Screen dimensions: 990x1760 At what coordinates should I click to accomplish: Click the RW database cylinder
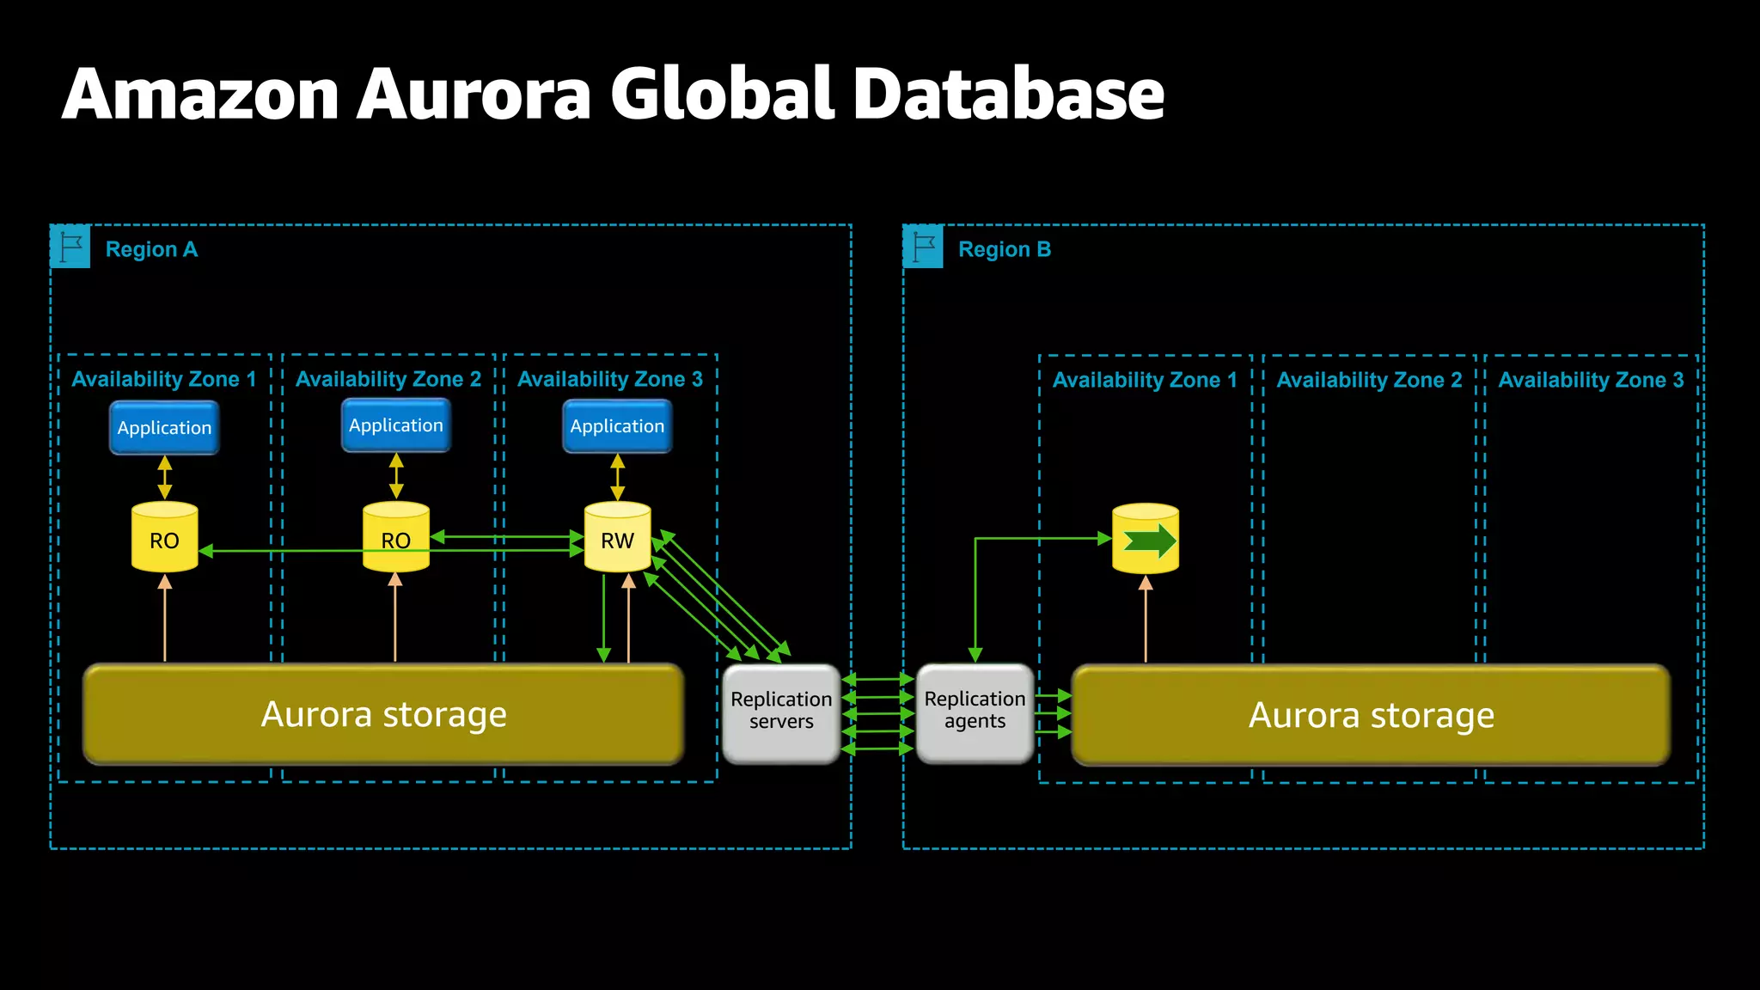coord(617,538)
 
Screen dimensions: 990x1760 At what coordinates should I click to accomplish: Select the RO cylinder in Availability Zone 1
coord(164,538)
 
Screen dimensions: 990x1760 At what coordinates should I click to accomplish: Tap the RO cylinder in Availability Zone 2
coord(395,538)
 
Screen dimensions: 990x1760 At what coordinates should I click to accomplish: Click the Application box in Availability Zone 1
coord(164,428)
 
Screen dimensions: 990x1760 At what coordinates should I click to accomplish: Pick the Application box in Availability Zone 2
coord(395,425)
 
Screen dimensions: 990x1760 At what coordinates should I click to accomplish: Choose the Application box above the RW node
coord(617,426)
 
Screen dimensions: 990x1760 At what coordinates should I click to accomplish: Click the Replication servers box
coord(781,712)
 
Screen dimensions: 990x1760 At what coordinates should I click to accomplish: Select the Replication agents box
coord(975,712)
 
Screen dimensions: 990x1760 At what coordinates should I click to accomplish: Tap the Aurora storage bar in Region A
coord(383,714)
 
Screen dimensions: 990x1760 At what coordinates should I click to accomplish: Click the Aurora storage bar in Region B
coord(1371,715)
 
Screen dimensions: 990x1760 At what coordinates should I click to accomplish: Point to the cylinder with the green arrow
coord(1146,540)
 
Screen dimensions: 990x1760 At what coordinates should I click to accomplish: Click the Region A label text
coord(151,249)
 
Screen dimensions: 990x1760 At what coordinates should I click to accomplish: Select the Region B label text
coord(1004,249)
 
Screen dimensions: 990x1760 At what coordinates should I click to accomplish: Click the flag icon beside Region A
coord(70,247)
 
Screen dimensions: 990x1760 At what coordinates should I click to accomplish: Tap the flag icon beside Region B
coord(924,247)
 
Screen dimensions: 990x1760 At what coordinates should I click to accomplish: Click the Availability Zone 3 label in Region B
coord(1591,380)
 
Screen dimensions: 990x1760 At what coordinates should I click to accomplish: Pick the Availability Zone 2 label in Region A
coord(388,379)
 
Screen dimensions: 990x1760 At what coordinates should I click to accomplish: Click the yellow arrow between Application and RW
coord(617,477)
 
